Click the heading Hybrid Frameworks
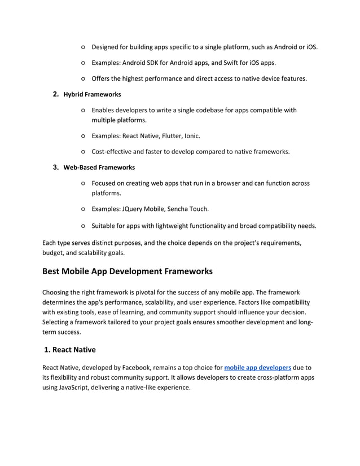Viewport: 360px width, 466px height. tap(92, 94)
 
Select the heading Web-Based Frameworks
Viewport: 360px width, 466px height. tap(99, 168)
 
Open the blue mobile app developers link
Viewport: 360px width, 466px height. tap(257, 367)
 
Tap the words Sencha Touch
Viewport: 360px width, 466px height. tap(187, 209)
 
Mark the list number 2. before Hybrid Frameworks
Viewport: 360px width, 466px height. tap(56, 94)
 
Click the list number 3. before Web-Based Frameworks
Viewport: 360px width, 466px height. tap(56, 168)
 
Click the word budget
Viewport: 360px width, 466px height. tap(55, 253)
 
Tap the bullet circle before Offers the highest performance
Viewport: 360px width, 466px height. tap(83, 79)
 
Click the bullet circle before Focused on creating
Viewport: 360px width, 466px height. tap(83, 183)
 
